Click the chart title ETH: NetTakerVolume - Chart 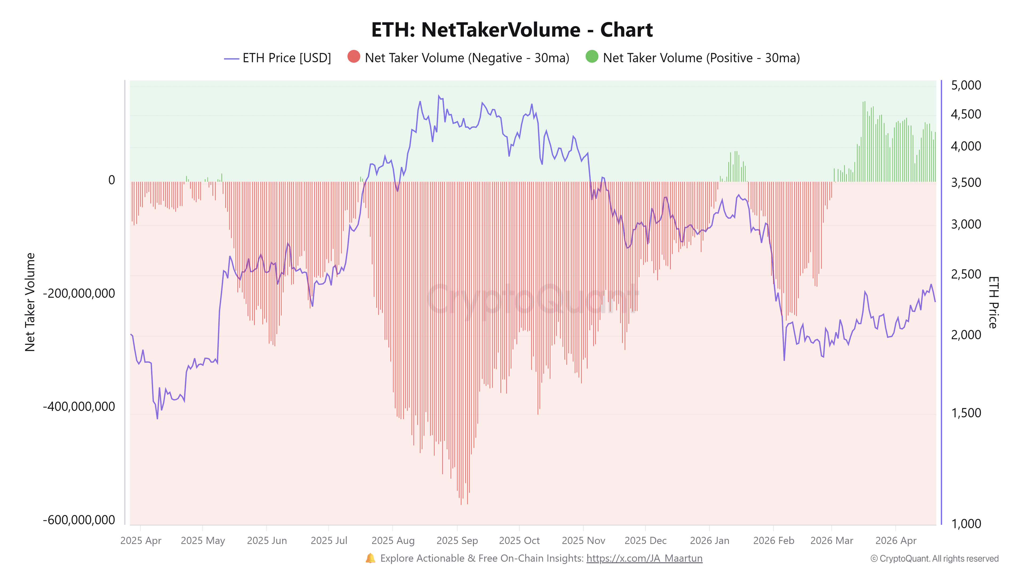512,30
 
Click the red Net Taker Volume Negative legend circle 353,57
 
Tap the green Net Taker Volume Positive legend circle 591,57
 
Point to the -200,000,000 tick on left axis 79,293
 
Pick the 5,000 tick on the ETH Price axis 966,85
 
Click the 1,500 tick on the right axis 966,413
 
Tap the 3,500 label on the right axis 966,182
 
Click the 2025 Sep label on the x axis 457,541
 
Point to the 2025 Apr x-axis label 141,541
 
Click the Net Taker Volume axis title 30,302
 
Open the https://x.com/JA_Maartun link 644,558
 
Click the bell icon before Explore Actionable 370,558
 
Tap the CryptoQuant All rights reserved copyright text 934,558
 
